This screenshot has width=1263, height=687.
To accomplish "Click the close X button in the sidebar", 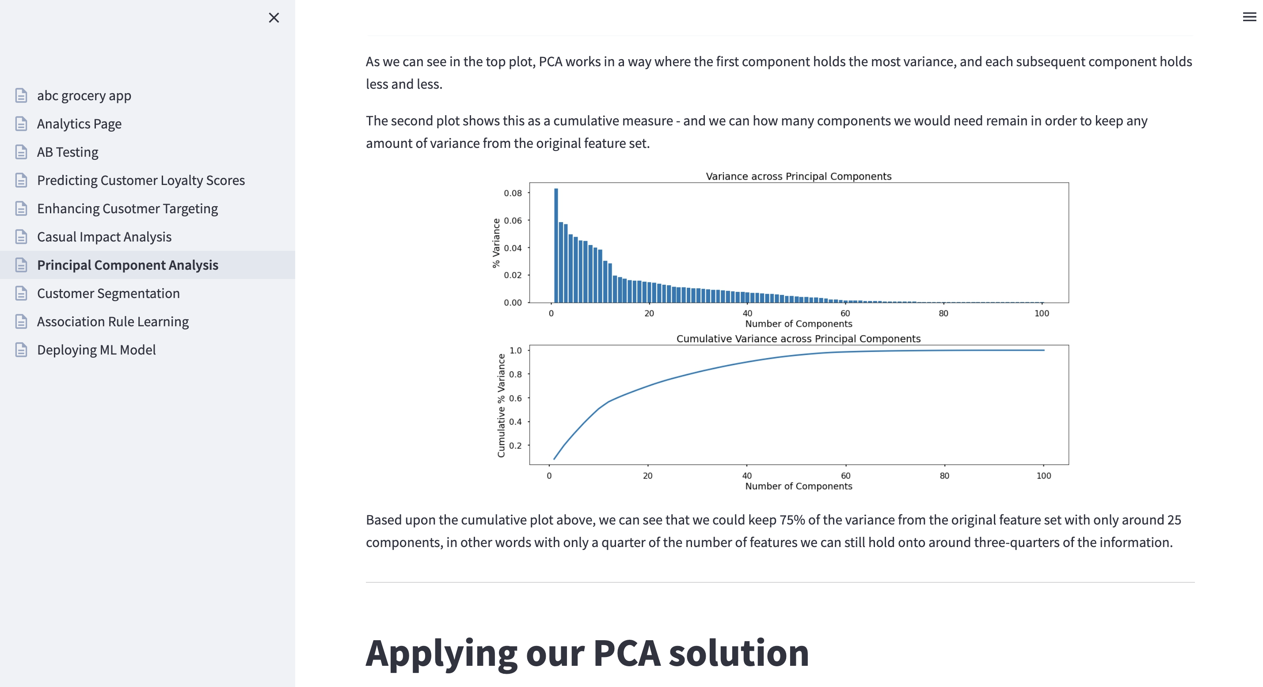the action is (x=274, y=18).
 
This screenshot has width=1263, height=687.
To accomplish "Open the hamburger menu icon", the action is (x=1249, y=17).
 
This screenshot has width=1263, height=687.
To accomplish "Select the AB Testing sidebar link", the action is (x=68, y=152).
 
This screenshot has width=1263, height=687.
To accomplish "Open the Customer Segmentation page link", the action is (x=108, y=293).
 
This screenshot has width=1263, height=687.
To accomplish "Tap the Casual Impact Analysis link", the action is (x=104, y=237).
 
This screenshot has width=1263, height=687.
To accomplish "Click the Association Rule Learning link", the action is (x=113, y=321).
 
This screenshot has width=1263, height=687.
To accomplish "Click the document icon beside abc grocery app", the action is (x=21, y=95).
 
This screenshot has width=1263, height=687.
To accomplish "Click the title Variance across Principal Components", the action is (x=799, y=176).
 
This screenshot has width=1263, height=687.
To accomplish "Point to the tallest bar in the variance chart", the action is (x=556, y=245).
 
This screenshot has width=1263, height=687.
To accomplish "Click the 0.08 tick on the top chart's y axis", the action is (x=513, y=193).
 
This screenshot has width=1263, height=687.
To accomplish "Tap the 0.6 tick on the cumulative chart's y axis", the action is (x=515, y=398).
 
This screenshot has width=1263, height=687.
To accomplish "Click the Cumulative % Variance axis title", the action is (x=501, y=406).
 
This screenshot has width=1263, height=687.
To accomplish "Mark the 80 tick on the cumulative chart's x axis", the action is (x=944, y=476).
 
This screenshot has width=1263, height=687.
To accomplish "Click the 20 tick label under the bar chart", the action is (x=649, y=313).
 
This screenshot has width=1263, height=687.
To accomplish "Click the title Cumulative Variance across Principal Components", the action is (x=799, y=339).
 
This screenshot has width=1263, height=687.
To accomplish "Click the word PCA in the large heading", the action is (x=627, y=653).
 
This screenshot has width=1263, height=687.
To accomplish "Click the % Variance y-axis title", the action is (x=496, y=243).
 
